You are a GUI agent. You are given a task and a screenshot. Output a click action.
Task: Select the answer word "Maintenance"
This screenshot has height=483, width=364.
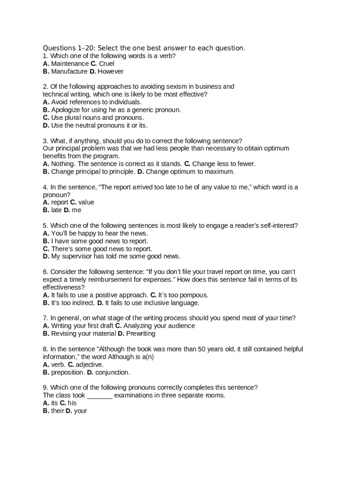[69, 64]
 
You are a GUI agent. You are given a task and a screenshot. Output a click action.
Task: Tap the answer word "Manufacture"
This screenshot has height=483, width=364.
[69, 72]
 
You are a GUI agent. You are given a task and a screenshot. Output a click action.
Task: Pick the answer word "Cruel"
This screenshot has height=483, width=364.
[106, 64]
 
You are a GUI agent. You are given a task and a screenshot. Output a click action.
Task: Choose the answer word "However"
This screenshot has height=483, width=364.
[111, 72]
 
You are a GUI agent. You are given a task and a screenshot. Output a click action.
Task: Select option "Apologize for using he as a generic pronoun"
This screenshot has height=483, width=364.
[116, 110]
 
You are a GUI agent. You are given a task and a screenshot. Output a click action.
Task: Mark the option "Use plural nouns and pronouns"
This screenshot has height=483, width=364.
[97, 117]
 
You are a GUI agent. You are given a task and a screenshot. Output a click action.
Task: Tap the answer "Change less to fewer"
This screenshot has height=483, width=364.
[224, 164]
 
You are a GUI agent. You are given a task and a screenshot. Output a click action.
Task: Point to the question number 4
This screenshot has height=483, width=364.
[45, 187]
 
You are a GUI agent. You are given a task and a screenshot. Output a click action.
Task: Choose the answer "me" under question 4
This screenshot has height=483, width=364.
[77, 210]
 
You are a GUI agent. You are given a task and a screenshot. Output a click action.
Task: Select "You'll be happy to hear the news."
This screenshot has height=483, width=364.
[99, 233]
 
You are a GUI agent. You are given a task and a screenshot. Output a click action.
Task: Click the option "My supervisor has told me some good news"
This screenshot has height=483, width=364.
[115, 257]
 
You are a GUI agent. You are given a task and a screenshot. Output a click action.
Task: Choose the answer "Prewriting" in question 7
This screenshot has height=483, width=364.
[141, 334]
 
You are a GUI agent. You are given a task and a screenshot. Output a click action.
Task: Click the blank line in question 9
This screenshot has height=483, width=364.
[100, 396]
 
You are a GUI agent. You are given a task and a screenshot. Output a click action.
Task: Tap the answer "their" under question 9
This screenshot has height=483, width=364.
[57, 411]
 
